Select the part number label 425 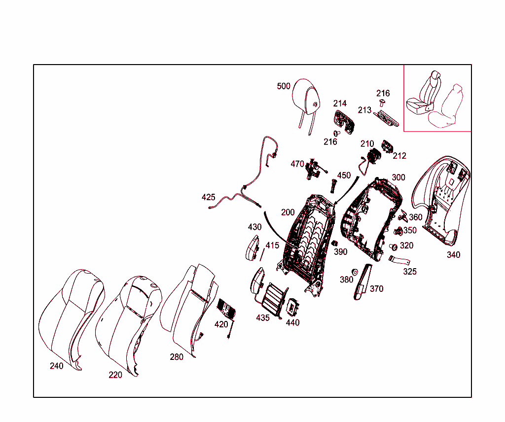pos(208,197)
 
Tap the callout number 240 pos(56,366)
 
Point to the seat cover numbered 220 pos(128,325)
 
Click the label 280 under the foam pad pos(177,356)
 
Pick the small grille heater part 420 pos(227,309)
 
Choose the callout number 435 pos(263,317)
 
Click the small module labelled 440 pos(292,307)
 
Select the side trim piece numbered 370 pos(362,281)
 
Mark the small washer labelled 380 pos(355,272)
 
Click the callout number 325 pos(410,271)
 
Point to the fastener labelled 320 pos(393,247)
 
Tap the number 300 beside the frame pos(398,177)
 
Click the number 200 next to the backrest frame pos(288,212)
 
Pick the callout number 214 pos(340,104)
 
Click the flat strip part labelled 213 pos(386,118)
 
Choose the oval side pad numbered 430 pos(252,248)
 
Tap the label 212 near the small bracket pos(399,156)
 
